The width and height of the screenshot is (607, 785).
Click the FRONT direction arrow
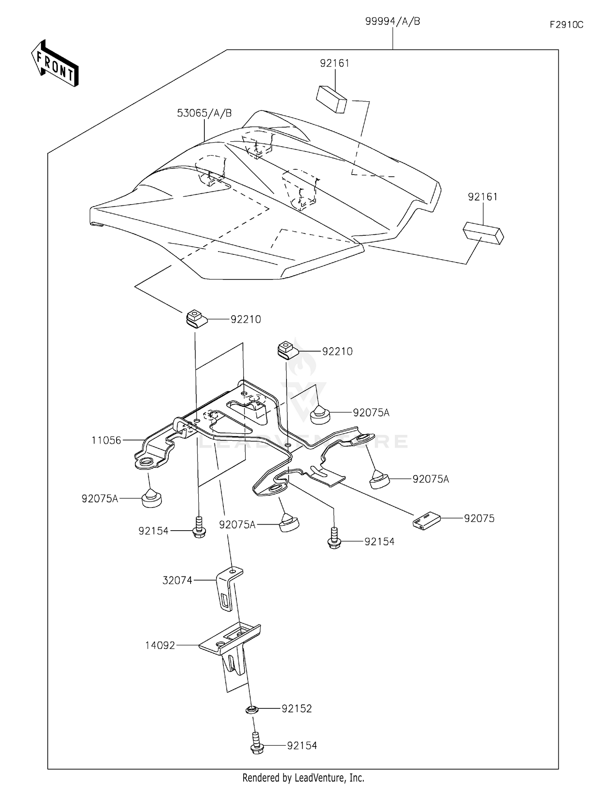[55, 64]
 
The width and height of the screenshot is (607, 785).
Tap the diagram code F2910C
[566, 25]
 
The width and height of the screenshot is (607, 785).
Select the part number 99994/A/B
[392, 21]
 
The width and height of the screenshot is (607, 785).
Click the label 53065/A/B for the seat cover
[204, 113]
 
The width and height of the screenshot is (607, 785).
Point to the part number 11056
[106, 440]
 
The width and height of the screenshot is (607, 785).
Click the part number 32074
[177, 580]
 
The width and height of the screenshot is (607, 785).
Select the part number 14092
[160, 645]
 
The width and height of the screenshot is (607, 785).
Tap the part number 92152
[297, 709]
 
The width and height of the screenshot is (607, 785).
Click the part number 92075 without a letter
[479, 518]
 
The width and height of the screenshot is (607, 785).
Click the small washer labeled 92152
[252, 709]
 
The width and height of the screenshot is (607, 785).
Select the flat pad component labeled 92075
[426, 521]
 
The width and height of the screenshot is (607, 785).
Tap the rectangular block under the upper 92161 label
[331, 99]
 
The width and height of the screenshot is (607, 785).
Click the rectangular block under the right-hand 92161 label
[483, 233]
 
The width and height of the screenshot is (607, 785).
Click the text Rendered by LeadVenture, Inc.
[303, 777]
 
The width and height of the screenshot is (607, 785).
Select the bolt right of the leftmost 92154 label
[199, 527]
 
